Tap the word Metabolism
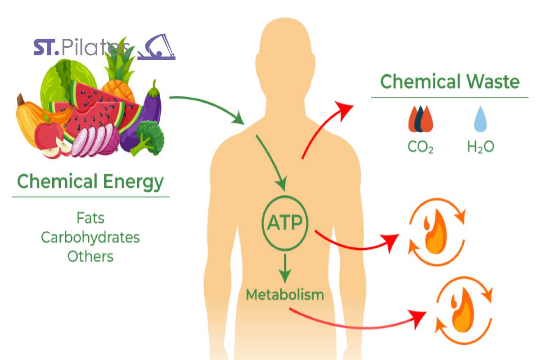tap(285, 295)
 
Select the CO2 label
tap(420, 147)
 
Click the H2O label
tap(481, 147)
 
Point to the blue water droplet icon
tap(481, 119)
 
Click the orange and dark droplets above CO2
tap(420, 119)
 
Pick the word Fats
tap(90, 218)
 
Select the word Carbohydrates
tap(90, 238)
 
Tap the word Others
tap(90, 256)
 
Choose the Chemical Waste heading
tap(450, 82)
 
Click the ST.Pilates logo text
tap(82, 47)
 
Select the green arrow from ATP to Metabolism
tap(285, 268)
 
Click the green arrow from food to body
tap(209, 105)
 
